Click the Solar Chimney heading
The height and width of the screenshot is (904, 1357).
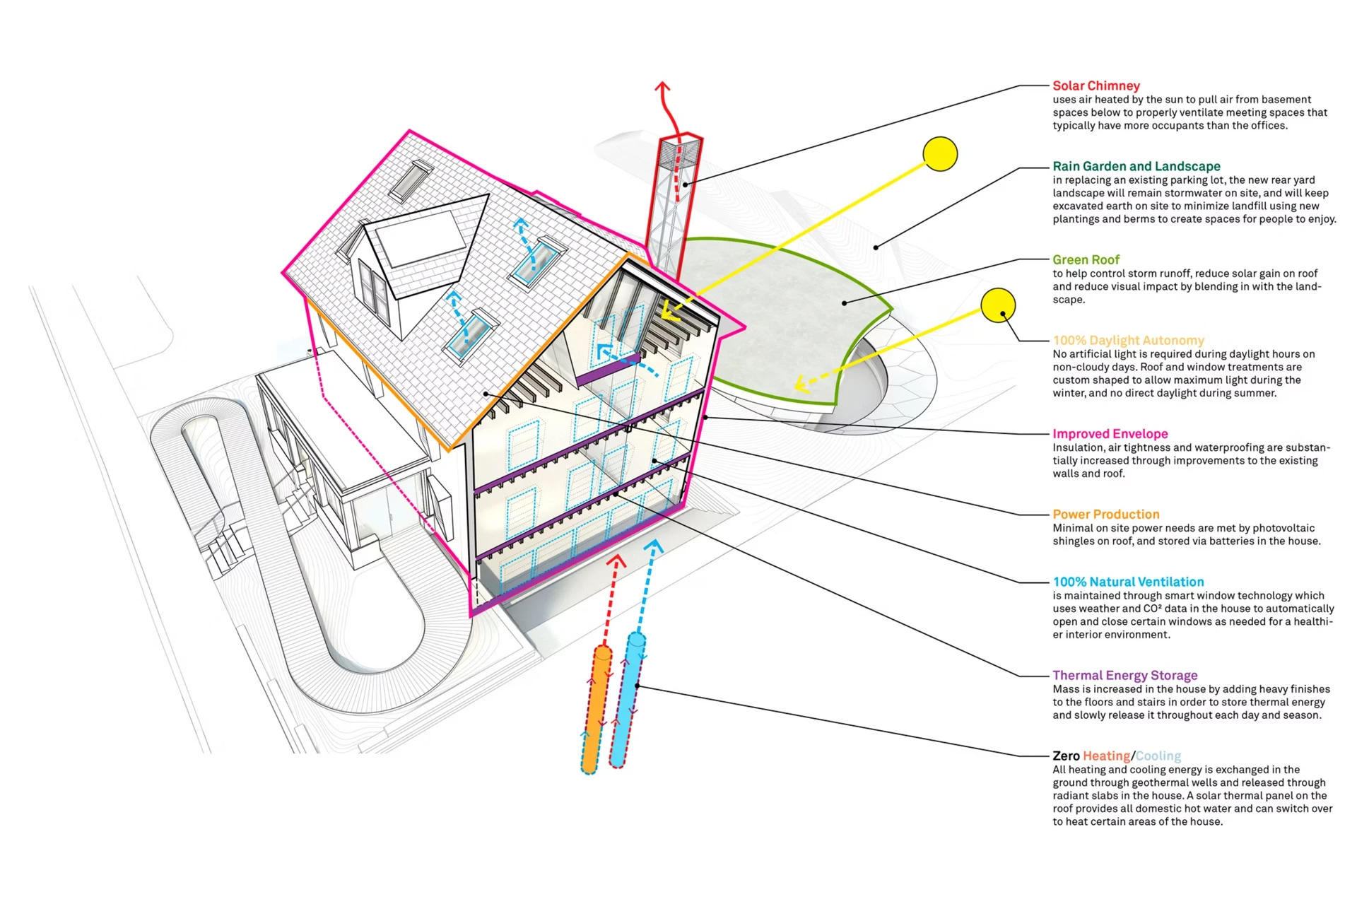(x=1096, y=86)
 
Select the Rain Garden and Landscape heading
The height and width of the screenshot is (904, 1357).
(x=1136, y=166)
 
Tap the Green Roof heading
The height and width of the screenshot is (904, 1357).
(x=1086, y=259)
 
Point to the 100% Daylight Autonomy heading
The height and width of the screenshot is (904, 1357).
(x=1129, y=340)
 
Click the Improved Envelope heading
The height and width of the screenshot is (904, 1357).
(x=1110, y=433)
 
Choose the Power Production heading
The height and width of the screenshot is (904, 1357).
(x=1106, y=514)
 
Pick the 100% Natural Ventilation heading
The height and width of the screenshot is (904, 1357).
(x=1129, y=582)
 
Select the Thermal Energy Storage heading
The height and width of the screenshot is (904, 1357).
(x=1125, y=675)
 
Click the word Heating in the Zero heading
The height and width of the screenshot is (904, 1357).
(x=1107, y=756)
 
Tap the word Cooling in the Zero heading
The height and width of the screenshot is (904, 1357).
(x=1158, y=756)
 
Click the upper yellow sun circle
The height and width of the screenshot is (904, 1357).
(x=940, y=154)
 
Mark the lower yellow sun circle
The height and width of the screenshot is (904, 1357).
(x=998, y=305)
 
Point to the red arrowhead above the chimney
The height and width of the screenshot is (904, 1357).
(x=662, y=88)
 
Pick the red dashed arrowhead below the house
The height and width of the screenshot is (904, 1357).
(x=618, y=561)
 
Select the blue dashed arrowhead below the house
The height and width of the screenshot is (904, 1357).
(x=654, y=546)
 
